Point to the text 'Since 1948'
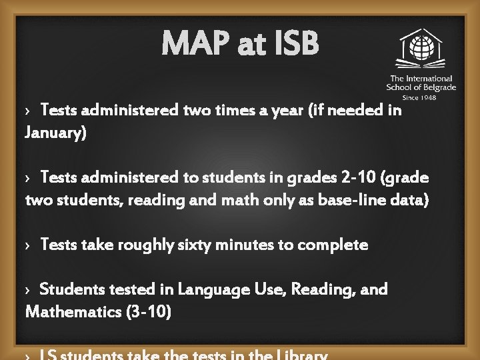(420, 97)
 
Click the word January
(55, 133)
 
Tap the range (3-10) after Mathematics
(149, 311)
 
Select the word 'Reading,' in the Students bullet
(317, 289)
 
